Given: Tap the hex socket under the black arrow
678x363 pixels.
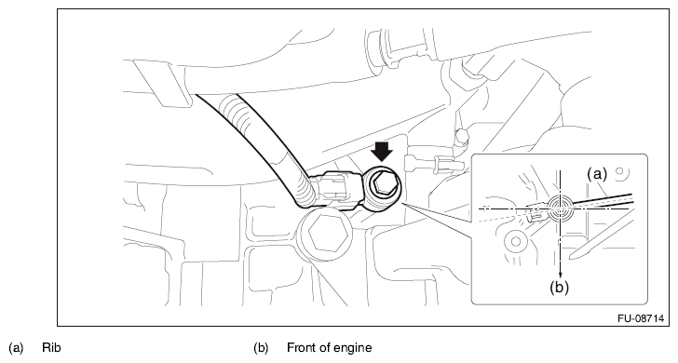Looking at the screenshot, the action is coord(383,185).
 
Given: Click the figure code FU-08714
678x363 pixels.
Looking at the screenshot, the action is coord(641,318).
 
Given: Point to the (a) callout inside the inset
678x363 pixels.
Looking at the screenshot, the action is coord(597,174).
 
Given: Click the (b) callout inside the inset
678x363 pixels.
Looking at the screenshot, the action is coord(559,288).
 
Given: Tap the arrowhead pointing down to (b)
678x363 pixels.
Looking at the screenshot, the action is coord(561,275).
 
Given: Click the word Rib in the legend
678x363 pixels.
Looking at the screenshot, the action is coord(51,348).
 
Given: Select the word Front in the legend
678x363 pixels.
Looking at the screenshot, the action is coord(302,348).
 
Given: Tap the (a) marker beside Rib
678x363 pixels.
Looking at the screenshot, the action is coord(16,348).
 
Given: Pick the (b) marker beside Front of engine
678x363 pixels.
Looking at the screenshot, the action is coord(261,348).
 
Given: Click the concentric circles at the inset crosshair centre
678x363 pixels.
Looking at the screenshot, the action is coord(560,208).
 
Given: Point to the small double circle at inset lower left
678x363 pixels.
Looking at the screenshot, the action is coord(515,241).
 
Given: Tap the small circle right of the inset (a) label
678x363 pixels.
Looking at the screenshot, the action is coord(619,171).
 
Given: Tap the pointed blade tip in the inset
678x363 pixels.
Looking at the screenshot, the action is coord(572,257).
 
